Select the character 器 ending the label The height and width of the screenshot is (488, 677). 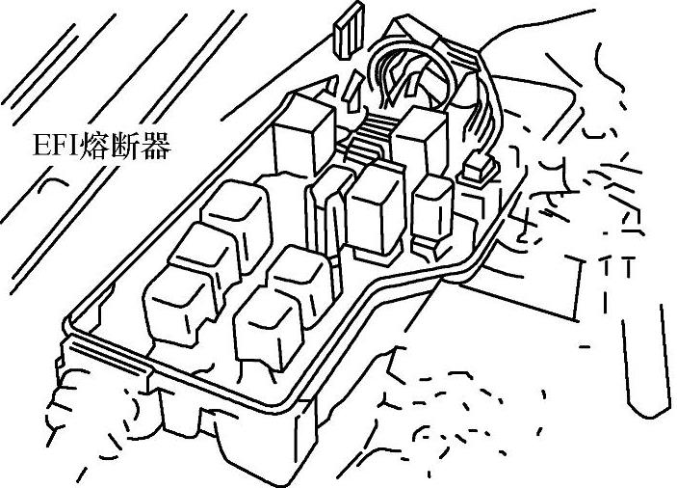click(x=155, y=148)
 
